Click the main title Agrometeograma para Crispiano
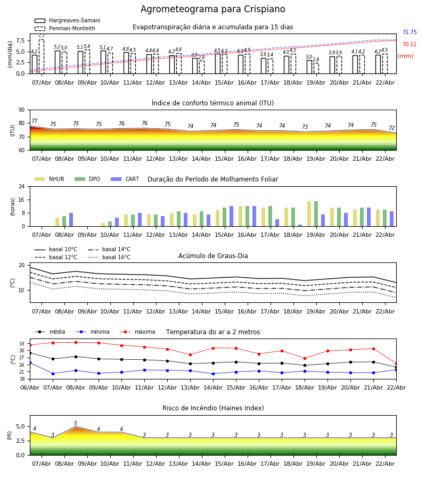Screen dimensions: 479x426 pyautogui.click(x=212, y=10)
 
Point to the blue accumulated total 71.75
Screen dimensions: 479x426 pyautogui.click(x=409, y=32)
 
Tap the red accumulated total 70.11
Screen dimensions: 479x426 pyautogui.click(x=409, y=45)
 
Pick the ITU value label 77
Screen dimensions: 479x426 pyautogui.click(x=35, y=121)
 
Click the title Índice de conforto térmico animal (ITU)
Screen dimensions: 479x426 pyautogui.click(x=212, y=103)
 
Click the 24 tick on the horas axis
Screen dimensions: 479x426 pyautogui.click(x=23, y=187)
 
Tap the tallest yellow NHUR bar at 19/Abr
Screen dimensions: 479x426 pyautogui.click(x=309, y=213)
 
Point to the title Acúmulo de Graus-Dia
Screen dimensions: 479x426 pyautogui.click(x=213, y=256)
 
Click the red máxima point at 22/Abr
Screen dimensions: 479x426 pyautogui.click(x=396, y=364)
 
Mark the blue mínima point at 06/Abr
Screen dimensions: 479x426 pyautogui.click(x=30, y=362)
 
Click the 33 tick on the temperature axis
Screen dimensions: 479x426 pyautogui.click(x=22, y=344)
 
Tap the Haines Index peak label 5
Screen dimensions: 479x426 pyautogui.click(x=76, y=424)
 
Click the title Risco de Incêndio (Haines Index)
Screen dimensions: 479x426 pyautogui.click(x=213, y=408)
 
